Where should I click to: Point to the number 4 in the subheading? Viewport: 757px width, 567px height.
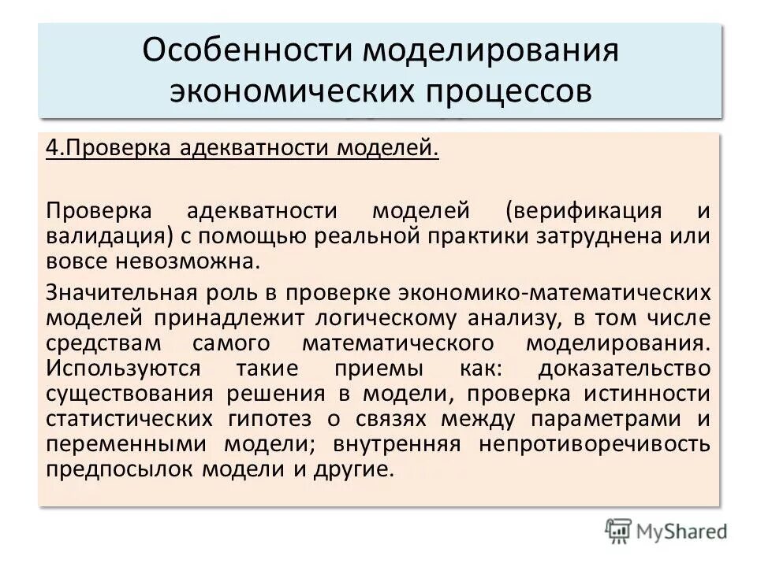point(51,149)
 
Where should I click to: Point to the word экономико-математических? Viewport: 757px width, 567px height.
point(551,293)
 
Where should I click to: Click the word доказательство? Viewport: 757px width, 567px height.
point(624,369)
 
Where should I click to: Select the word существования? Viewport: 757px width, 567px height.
point(131,394)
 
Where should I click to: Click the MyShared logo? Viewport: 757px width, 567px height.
point(667,532)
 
